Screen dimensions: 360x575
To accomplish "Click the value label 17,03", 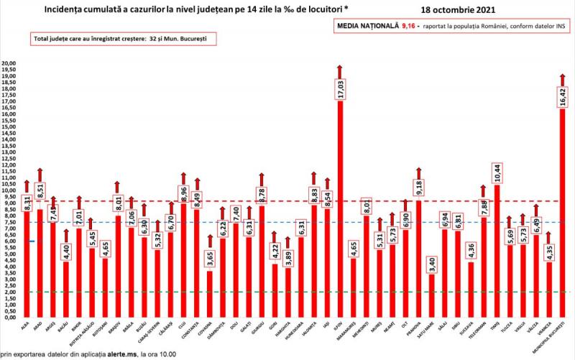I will point(340,90).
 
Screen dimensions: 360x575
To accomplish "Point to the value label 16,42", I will point(563,96).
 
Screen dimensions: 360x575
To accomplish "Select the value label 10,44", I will point(497,173).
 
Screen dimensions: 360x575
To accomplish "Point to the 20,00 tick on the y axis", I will point(9,63).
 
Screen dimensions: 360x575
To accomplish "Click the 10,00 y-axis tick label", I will point(9,190).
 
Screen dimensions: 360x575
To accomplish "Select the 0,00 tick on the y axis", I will point(9,317).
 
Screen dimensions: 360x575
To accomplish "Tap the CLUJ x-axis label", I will point(183,326).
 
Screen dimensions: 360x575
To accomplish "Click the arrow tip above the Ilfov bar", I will point(340,67).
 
